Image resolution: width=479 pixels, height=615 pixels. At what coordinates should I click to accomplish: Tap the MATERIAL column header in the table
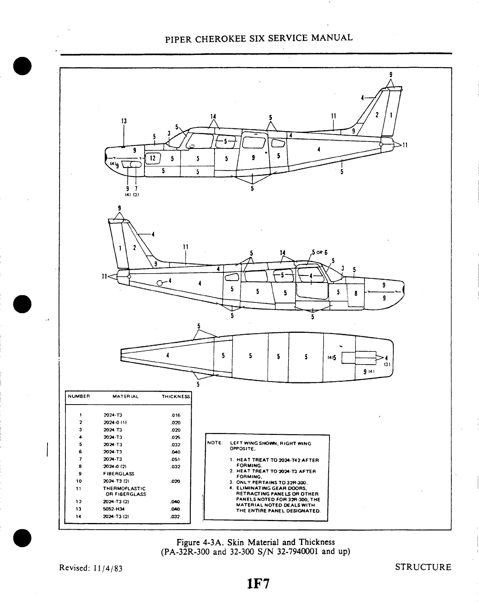pyautogui.click(x=125, y=396)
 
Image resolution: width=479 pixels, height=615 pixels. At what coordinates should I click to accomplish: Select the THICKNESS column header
pyautogui.click(x=176, y=396)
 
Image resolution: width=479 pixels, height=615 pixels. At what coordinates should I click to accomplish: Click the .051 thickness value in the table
pyautogui.click(x=175, y=459)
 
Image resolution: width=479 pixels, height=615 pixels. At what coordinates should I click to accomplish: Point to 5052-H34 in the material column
pyautogui.click(x=113, y=509)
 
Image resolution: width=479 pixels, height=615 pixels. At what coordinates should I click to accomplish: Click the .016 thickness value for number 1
pyautogui.click(x=175, y=415)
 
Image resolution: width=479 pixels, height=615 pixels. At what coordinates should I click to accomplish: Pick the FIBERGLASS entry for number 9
pyautogui.click(x=119, y=474)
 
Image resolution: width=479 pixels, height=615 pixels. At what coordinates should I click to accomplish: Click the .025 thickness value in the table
pyautogui.click(x=175, y=437)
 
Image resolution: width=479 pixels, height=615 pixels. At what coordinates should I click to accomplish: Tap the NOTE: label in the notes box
pyautogui.click(x=215, y=443)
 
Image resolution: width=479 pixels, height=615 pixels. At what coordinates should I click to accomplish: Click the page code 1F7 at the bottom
pyautogui.click(x=258, y=583)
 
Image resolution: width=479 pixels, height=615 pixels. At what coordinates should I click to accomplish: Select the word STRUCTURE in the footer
pyautogui.click(x=423, y=567)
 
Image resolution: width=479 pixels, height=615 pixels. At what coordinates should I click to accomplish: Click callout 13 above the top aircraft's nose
pyautogui.click(x=123, y=121)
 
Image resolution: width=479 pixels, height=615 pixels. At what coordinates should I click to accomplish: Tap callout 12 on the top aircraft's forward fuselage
pyautogui.click(x=153, y=158)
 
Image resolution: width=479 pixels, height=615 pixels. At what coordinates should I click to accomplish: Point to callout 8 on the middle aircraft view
pyautogui.click(x=356, y=293)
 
